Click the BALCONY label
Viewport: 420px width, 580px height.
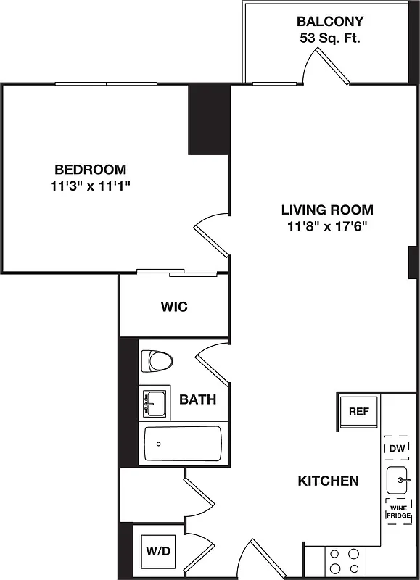(x=329, y=22)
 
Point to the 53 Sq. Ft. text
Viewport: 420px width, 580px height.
(x=329, y=38)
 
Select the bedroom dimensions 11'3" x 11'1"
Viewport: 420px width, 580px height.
(x=90, y=186)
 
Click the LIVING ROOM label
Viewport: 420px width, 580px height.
(x=327, y=210)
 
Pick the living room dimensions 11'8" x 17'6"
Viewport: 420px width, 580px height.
(x=327, y=227)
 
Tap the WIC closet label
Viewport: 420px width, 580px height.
(x=174, y=307)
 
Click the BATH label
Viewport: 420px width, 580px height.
(x=197, y=399)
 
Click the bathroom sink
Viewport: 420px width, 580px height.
(x=153, y=402)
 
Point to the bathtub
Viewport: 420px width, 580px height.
(x=182, y=444)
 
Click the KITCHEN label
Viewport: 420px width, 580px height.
(x=329, y=481)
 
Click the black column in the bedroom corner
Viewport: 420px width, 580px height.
(x=209, y=119)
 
